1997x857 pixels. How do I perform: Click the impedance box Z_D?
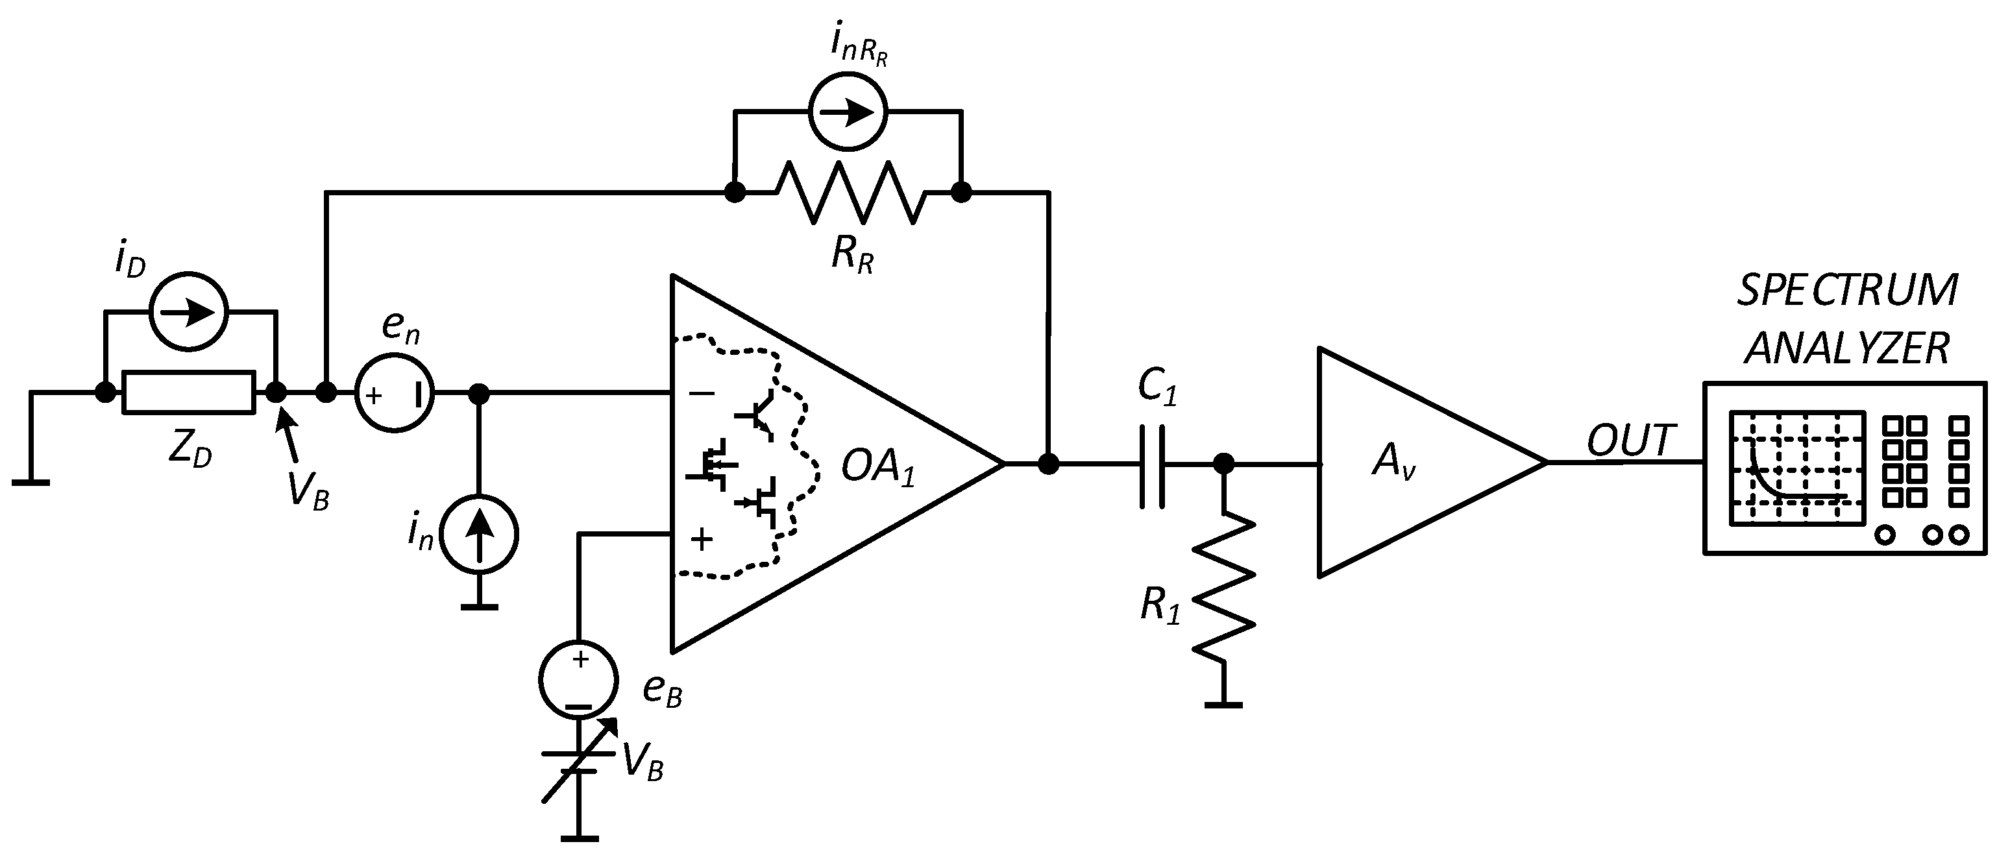tap(188, 393)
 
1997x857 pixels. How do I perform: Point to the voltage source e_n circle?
tap(395, 393)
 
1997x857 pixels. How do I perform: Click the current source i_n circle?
tap(479, 535)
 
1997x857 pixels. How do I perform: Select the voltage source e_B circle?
tap(578, 679)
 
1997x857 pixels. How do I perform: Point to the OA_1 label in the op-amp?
tap(877, 467)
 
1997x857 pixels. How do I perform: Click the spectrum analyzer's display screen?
tap(1796, 468)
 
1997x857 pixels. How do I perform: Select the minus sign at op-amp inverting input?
tap(702, 393)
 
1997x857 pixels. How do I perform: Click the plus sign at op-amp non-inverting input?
tap(702, 538)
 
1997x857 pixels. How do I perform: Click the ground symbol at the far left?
tap(31, 481)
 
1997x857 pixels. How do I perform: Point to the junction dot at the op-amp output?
tap(1048, 464)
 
